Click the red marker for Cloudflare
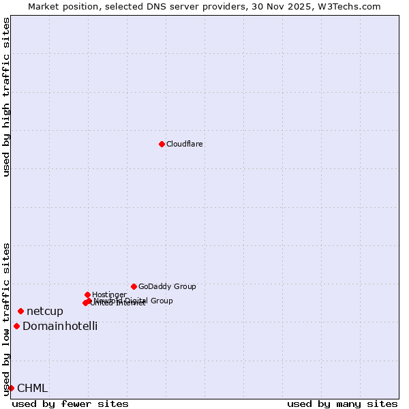pos(162,144)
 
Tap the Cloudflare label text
pos(185,145)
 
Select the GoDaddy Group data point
pos(134,286)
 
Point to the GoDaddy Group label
pos(167,287)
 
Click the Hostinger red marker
pos(87,294)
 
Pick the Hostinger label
pos(109,295)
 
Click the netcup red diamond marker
pos(20,312)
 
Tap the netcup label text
pos(45,312)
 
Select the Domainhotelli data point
pos(16,326)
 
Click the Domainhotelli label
pos(60,327)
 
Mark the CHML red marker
pos(12,388)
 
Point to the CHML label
pos(33,389)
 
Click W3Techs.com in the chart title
pos(352,7)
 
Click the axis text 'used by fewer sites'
pos(70,404)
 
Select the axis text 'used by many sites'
pos(342,404)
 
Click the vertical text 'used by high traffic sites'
pos(6,97)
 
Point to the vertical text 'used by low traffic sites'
pos(6,319)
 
